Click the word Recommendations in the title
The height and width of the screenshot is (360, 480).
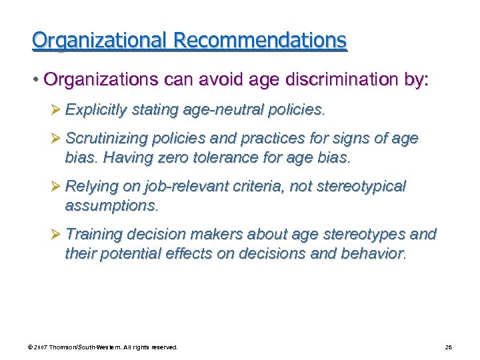click(260, 41)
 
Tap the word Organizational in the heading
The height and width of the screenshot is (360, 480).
click(100, 41)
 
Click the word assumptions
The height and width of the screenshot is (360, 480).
click(111, 206)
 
